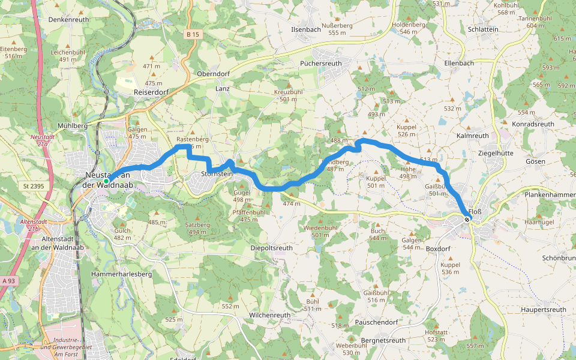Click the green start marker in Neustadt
(106, 181)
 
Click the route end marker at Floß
(467, 220)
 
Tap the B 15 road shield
(192, 35)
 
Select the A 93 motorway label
(8, 280)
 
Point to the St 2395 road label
(35, 187)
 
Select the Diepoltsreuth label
(271, 247)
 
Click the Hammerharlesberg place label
(121, 274)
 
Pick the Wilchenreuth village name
(269, 314)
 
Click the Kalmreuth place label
(473, 136)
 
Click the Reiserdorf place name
(151, 92)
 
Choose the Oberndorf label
(213, 74)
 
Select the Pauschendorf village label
(376, 322)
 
